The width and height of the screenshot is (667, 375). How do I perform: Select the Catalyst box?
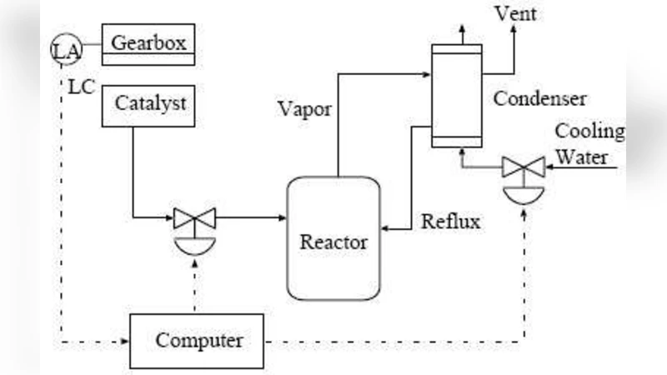[x=149, y=107]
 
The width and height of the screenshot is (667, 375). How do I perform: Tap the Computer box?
[x=198, y=342]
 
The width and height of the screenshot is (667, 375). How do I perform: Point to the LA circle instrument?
[x=66, y=51]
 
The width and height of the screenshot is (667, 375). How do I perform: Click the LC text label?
[x=80, y=86]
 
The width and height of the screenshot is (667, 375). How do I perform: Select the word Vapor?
[x=305, y=110]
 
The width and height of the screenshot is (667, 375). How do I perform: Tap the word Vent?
[x=516, y=14]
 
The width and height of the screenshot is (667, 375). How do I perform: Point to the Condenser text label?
[x=540, y=98]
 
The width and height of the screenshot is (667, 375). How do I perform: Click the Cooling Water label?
[x=589, y=143]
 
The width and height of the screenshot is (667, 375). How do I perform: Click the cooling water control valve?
[x=524, y=168]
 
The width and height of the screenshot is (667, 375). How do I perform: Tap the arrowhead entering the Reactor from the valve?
[x=281, y=218]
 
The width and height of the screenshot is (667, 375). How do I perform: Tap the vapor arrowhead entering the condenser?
[x=426, y=75]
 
